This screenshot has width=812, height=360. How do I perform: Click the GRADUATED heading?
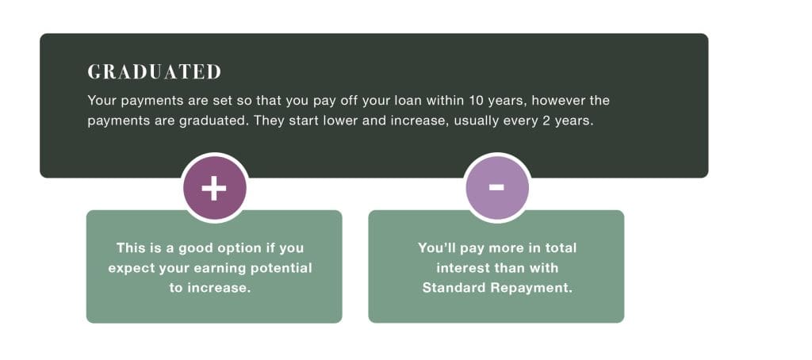pos(155,72)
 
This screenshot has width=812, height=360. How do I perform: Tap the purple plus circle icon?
pos(214,187)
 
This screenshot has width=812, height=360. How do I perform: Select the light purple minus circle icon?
pos(497,187)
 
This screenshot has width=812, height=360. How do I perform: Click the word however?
pos(557,100)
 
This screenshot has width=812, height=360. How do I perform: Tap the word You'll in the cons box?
pos(435,247)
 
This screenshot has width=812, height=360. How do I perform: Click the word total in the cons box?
pos(559,247)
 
